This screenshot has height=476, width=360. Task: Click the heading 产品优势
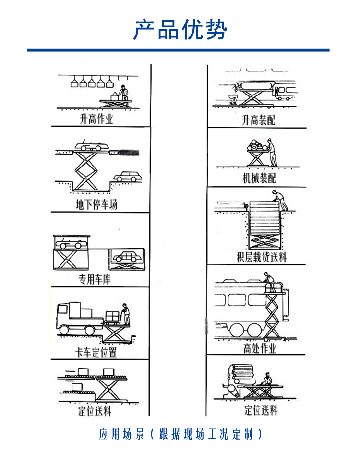tap(180, 30)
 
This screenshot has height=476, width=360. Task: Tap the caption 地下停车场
tap(97, 205)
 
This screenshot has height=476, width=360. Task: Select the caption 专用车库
tap(95, 279)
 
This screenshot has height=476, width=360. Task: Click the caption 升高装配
tap(258, 120)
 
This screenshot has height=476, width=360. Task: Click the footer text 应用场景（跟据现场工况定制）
tap(180, 435)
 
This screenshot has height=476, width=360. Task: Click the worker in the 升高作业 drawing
tap(124, 94)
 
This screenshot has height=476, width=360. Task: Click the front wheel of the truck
tap(65, 331)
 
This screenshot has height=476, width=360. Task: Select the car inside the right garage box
tap(126, 257)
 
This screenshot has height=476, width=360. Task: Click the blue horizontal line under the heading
tap(178, 50)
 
